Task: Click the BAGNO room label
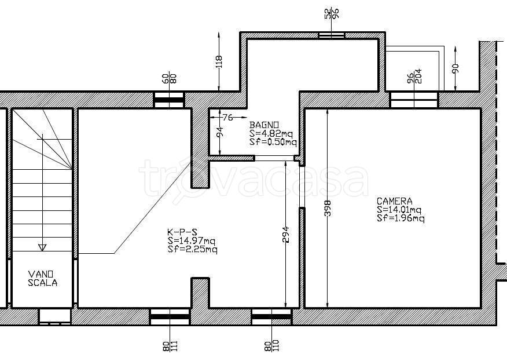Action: pyautogui.click(x=264, y=125)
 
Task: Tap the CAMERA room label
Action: pyautogui.click(x=395, y=202)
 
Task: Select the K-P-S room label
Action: pyautogui.click(x=182, y=232)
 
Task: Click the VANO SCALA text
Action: pyautogui.click(x=43, y=279)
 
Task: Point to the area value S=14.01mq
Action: pyautogui.click(x=399, y=210)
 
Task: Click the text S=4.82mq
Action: pyautogui.click(x=271, y=134)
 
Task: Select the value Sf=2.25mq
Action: pyautogui.click(x=192, y=250)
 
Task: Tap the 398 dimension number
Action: pyautogui.click(x=328, y=208)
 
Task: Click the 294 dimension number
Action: pyautogui.click(x=285, y=235)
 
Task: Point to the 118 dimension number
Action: pyautogui.click(x=219, y=62)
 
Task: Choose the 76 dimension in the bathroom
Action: pyautogui.click(x=227, y=117)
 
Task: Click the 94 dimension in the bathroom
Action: pyautogui.click(x=219, y=133)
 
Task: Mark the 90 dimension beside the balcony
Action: pyautogui.click(x=455, y=68)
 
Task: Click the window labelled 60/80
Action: pyautogui.click(x=168, y=100)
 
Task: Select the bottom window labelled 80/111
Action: pyautogui.click(x=170, y=316)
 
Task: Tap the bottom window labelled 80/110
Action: pyautogui.click(x=271, y=316)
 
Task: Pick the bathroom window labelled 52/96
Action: pyautogui.click(x=332, y=35)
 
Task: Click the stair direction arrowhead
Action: pyautogui.click(x=42, y=247)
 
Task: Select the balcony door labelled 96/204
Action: pyautogui.click(x=414, y=100)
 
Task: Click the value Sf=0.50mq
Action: pyautogui.click(x=273, y=142)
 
